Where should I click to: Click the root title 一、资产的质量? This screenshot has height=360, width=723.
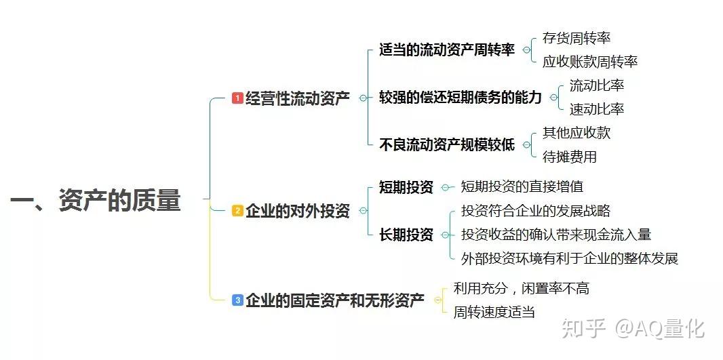[96, 201]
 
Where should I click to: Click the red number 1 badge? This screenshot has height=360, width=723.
[237, 98]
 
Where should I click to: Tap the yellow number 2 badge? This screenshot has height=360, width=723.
[237, 211]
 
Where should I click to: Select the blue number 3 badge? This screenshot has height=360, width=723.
[237, 300]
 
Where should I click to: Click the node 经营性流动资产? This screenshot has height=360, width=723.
[297, 98]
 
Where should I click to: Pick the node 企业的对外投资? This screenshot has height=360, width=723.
[297, 211]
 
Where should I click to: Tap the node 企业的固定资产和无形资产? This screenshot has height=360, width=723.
[334, 300]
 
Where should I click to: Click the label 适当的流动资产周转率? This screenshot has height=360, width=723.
[447, 49]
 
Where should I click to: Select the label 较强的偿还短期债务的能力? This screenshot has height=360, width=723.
[461, 98]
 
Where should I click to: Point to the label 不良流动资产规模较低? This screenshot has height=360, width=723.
[447, 144]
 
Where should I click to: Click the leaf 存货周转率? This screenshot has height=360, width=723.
[577, 38]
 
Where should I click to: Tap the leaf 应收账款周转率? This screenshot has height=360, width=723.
[590, 62]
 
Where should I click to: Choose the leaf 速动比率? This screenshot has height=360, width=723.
[597, 109]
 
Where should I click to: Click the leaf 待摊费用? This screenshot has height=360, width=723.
[570, 157]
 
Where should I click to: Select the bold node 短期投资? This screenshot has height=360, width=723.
[406, 187]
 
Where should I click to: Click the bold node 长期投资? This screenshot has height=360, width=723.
[406, 235]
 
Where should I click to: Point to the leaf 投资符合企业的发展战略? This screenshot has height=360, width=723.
[536, 211]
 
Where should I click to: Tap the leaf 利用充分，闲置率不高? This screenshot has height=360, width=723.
[522, 288]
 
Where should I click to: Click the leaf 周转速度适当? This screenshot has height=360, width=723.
[494, 312]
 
